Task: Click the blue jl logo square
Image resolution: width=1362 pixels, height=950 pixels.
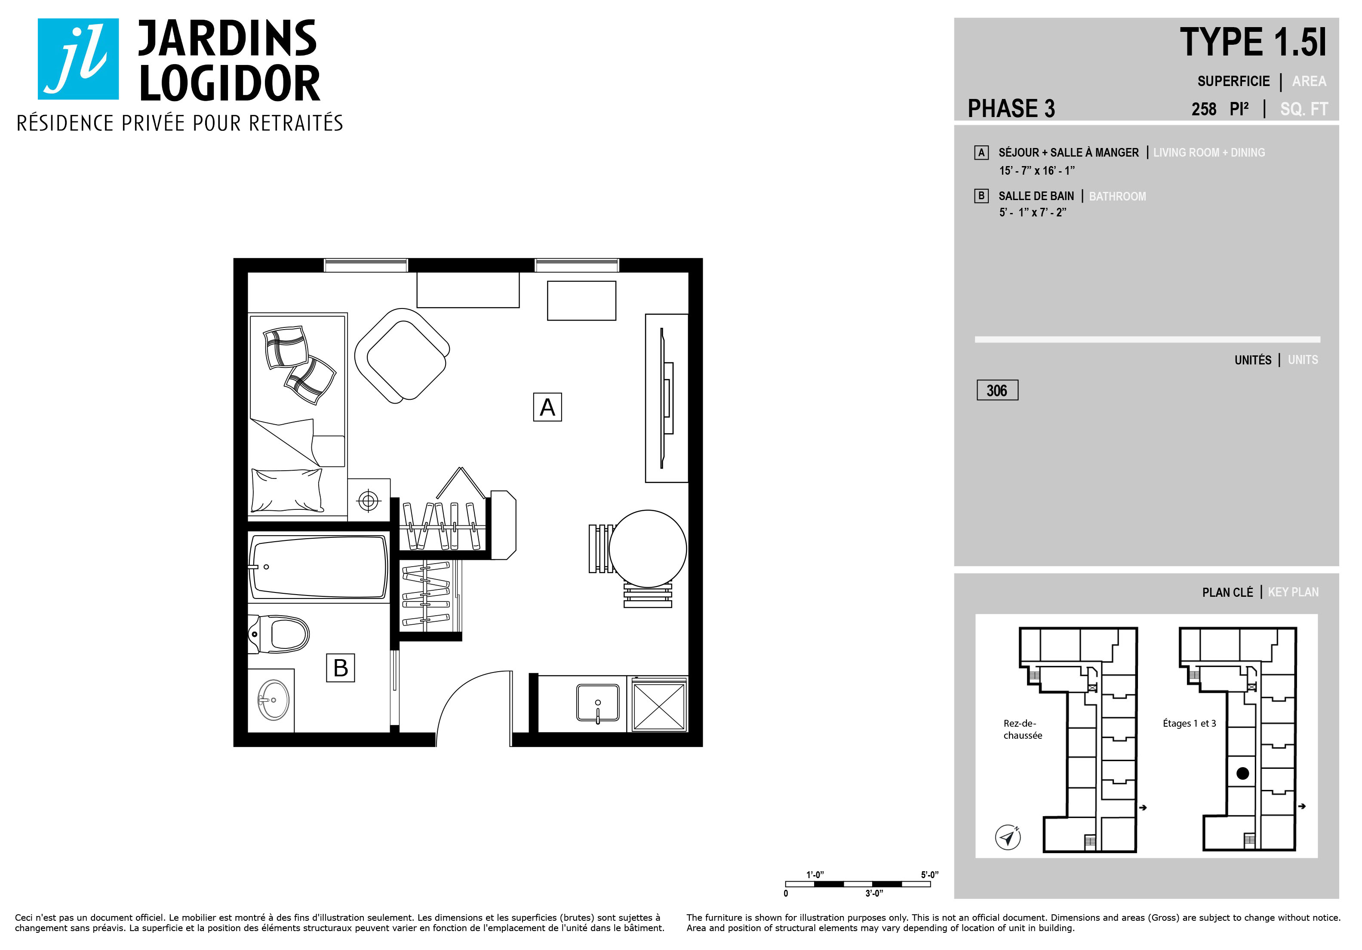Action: click(78, 59)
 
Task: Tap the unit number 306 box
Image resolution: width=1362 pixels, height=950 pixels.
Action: click(997, 390)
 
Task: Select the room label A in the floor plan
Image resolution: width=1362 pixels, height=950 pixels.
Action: click(547, 407)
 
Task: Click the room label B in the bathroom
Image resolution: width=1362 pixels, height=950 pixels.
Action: click(341, 668)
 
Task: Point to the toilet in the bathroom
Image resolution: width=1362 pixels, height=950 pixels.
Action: click(279, 634)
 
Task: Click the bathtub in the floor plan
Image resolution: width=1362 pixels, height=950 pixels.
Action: click(319, 567)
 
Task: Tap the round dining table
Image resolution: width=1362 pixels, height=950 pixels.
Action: click(648, 549)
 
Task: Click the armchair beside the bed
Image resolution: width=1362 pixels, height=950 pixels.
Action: click(402, 356)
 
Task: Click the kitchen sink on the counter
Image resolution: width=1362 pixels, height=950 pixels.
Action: click(598, 703)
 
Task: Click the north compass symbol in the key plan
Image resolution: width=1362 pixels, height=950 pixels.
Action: click(1007, 837)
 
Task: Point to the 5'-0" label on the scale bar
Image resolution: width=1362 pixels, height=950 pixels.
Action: click(929, 875)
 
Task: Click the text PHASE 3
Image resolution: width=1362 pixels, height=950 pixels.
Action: click(1012, 108)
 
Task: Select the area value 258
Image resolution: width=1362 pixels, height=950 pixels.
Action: click(1204, 109)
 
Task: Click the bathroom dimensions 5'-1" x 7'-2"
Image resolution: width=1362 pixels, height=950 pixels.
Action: click(1033, 213)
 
